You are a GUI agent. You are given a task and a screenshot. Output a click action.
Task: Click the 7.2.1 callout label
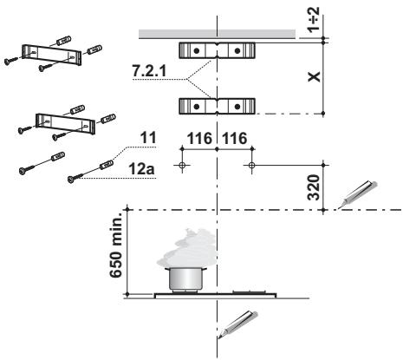point(149,70)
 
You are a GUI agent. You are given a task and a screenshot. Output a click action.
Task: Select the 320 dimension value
point(314,187)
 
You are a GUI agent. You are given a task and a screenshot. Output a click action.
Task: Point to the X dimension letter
point(314,76)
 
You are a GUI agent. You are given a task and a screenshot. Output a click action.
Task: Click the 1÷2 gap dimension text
point(314,20)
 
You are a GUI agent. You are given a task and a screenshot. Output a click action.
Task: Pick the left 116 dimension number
point(199,138)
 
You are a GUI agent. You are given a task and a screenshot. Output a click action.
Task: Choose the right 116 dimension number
point(234,138)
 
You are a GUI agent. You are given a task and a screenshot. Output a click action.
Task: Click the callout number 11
point(148,138)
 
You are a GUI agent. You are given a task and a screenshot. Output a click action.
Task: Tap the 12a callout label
point(141,169)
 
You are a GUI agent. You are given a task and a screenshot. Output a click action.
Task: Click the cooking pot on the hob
point(186,278)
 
